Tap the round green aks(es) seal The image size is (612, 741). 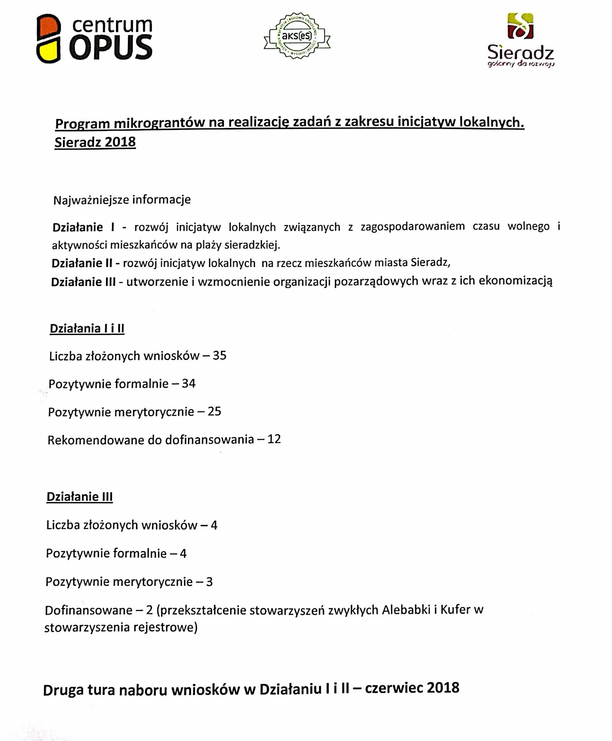pyautogui.click(x=297, y=36)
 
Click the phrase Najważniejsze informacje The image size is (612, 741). pyautogui.click(x=122, y=200)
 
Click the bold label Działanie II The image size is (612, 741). pyautogui.click(x=82, y=263)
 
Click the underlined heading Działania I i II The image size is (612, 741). pyautogui.click(x=87, y=329)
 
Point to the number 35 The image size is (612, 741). pyautogui.click(x=219, y=355)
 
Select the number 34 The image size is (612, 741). pyautogui.click(x=189, y=383)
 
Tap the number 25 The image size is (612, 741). pyautogui.click(x=214, y=411)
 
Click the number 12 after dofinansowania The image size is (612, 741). pyautogui.click(x=274, y=439)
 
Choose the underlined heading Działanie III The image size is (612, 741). pyautogui.click(x=80, y=497)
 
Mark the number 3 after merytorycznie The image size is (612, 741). pyautogui.click(x=209, y=582)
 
